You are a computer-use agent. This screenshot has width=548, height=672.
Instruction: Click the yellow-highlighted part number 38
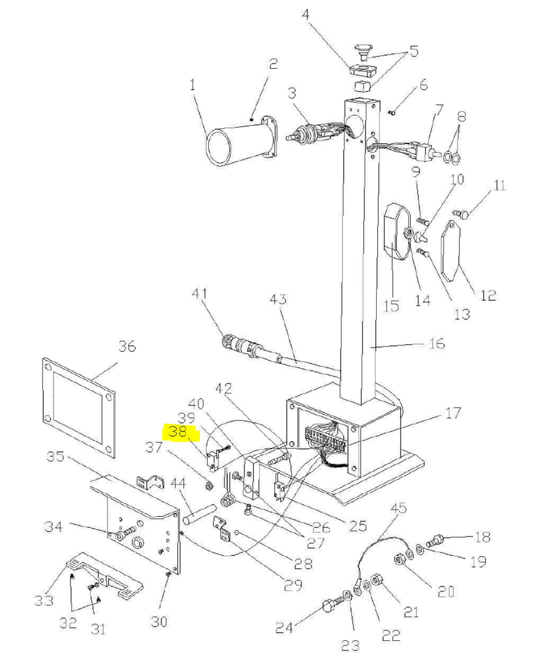pos(178,431)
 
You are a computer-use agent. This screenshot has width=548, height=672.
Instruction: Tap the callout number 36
pos(127,346)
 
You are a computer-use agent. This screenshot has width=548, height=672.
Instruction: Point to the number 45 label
pos(398,508)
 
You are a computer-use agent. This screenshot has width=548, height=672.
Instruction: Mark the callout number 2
pos(273,64)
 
